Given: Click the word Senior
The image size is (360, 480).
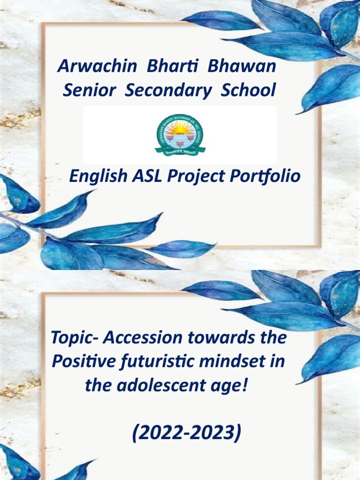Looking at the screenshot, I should click(x=89, y=90).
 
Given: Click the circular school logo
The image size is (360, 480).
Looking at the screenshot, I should click(x=180, y=135).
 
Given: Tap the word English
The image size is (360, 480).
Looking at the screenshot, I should click(x=98, y=176).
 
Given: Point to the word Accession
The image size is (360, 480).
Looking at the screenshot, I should click(x=143, y=337).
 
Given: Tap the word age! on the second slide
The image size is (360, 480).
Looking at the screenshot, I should click(x=230, y=387).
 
